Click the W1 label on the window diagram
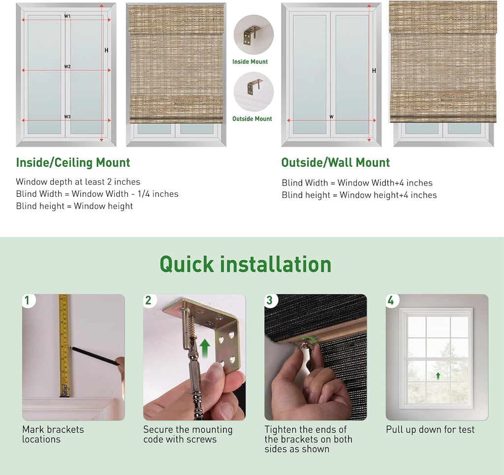point(67,16)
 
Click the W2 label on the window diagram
point(67,66)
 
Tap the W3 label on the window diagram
point(67,117)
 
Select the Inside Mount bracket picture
point(253,34)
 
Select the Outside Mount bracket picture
point(253,92)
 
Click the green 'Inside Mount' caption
point(250,62)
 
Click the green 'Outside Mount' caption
point(252,119)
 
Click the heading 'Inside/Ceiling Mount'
point(73,162)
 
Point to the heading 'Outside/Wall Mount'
point(336,162)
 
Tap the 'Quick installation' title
point(245,264)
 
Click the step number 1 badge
point(28,300)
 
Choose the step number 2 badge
point(149,300)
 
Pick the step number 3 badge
point(270,300)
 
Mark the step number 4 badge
point(392,300)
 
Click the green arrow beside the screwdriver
point(205,349)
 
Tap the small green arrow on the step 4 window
point(438,376)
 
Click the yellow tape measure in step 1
point(64,346)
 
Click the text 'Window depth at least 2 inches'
point(78,182)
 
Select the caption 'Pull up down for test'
point(430,430)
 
